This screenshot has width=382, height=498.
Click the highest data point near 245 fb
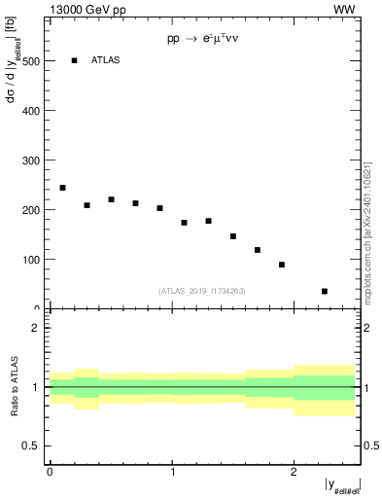click(62, 188)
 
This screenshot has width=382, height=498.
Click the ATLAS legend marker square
click(74, 60)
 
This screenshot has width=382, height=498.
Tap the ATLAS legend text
click(105, 60)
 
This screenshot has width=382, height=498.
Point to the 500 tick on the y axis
click(31, 61)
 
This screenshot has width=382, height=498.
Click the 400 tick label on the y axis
click(31, 111)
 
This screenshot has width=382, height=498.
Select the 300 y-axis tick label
click(31, 160)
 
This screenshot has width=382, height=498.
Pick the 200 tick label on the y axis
click(31, 210)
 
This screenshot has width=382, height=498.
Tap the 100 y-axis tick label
click(31, 260)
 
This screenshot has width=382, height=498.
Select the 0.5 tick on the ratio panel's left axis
click(31, 446)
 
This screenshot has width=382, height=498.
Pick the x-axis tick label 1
click(171, 471)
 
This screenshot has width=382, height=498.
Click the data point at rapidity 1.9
click(282, 265)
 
